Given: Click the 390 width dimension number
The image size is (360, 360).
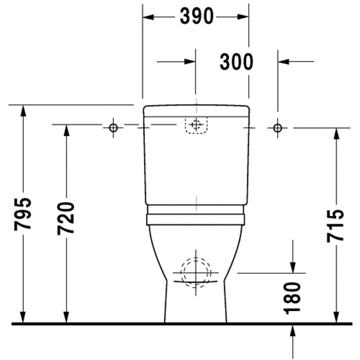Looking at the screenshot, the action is (x=197, y=16).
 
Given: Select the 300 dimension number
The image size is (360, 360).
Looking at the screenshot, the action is (x=237, y=62).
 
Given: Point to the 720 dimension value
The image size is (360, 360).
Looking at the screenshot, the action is (x=66, y=218).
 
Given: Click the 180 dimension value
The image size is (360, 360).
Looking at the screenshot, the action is (x=292, y=298).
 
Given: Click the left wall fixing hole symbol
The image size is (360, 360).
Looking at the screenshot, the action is (x=113, y=128).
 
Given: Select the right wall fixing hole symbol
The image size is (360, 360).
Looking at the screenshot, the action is (x=278, y=128).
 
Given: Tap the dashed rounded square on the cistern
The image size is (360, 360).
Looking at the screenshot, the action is (x=196, y=125).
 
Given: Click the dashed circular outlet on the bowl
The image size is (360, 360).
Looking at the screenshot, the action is (x=195, y=272).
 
